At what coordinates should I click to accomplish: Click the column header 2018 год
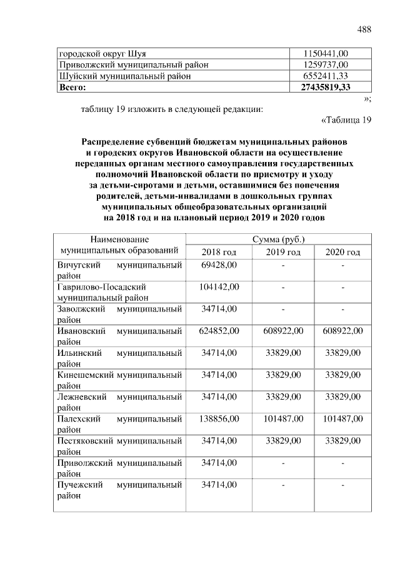(x=219, y=251)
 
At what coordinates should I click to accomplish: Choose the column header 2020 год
(x=342, y=251)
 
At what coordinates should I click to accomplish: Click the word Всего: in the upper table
(x=72, y=87)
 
